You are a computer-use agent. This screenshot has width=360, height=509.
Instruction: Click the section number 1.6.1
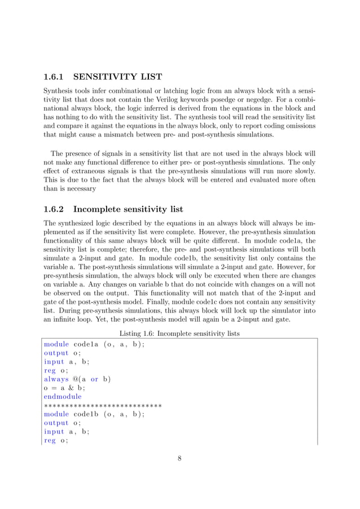(55, 77)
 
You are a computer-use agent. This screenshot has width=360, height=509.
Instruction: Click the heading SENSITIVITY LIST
(120, 77)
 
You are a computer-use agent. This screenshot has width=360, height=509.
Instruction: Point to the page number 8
(179, 458)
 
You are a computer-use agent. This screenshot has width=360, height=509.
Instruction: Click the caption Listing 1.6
(179, 334)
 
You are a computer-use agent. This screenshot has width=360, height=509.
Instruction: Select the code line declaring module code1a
(94, 344)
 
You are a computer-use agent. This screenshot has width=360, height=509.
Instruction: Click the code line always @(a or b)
(77, 379)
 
